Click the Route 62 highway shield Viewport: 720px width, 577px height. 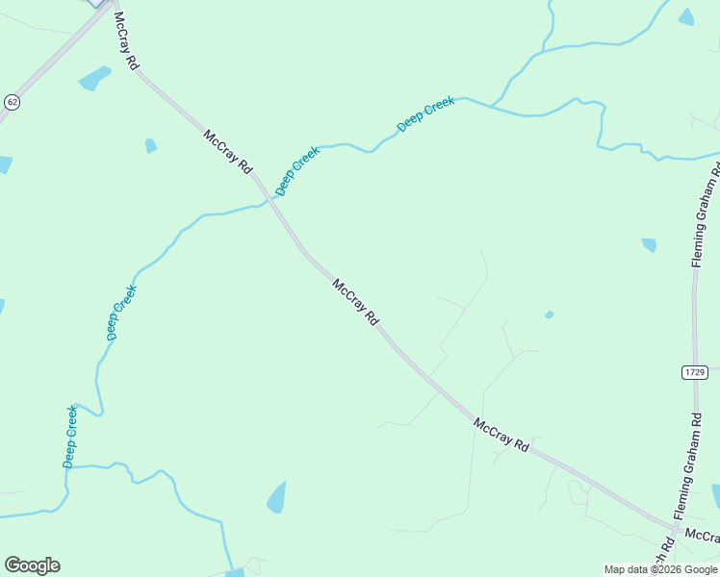tap(12, 101)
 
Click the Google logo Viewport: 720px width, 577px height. tap(32, 565)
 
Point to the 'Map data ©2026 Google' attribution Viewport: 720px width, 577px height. tap(661, 569)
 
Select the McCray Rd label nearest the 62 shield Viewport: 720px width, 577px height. tap(127, 40)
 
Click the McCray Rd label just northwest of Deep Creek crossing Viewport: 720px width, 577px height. tap(227, 151)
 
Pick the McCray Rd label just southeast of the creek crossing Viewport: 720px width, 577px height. tap(356, 301)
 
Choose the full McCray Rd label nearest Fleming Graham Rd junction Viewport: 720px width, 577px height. tap(501, 435)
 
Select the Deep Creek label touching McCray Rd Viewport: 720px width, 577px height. tap(297, 171)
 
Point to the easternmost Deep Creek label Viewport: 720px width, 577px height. tap(425, 113)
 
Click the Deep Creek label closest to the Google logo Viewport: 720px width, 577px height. tap(70, 437)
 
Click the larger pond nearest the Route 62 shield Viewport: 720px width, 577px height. tap(94, 78)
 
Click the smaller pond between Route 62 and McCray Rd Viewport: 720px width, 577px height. tap(150, 146)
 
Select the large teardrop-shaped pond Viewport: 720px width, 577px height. tap(277, 497)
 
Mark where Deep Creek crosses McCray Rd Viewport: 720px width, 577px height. tap(267, 199)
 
